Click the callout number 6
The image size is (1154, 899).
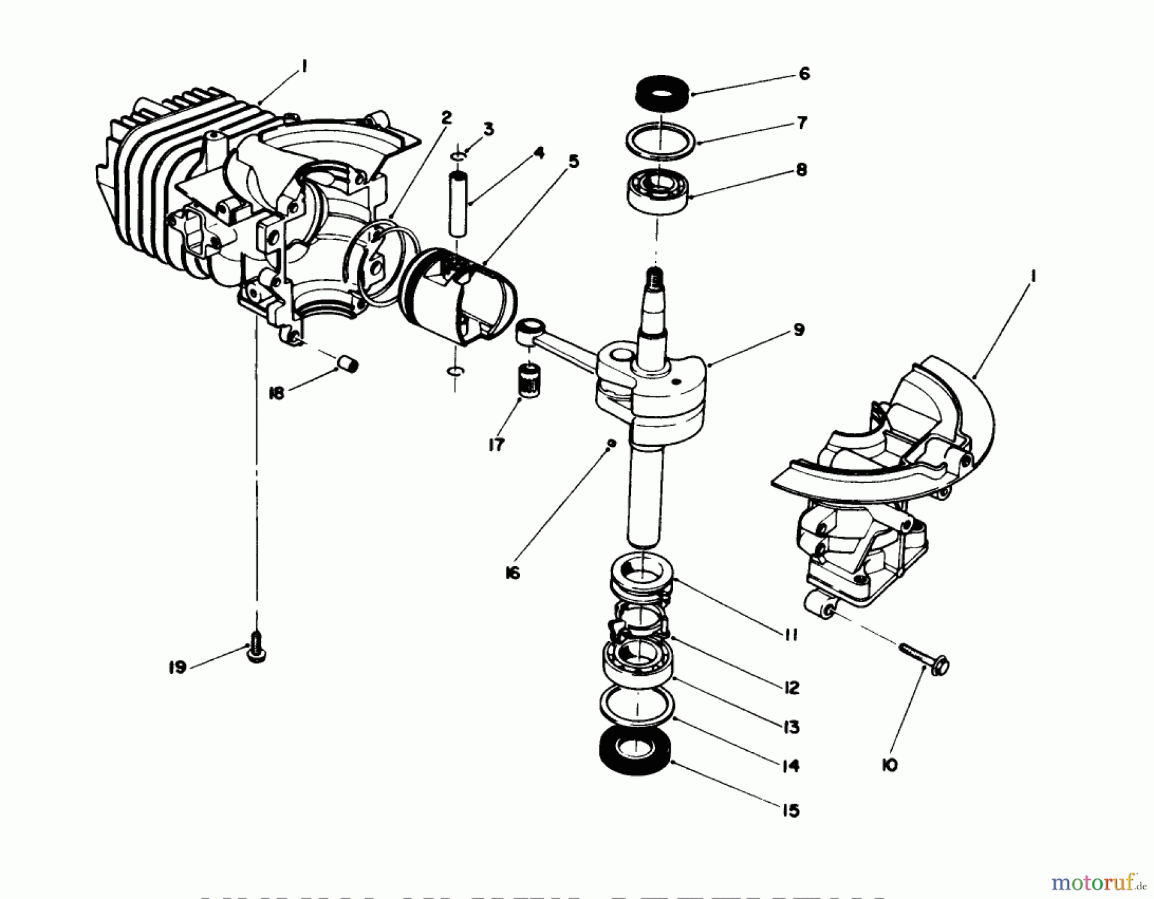pos(805,74)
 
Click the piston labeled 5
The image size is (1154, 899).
pos(458,298)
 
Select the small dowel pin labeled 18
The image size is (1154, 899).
pos(348,367)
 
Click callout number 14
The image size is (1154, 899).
pos(790,766)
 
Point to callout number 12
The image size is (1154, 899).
pos(791,687)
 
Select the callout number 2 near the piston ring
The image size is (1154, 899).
pos(446,117)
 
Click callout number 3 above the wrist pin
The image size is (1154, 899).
pos(489,130)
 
